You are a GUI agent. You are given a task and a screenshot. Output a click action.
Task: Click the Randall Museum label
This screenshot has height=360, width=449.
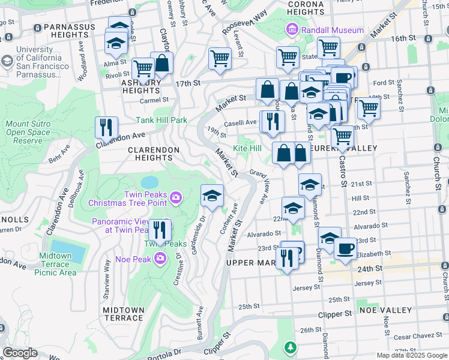tap(332, 30)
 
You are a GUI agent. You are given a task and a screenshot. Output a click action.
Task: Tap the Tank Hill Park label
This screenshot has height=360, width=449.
tap(161, 120)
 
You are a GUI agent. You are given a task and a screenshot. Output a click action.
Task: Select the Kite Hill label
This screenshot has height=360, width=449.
tap(247, 148)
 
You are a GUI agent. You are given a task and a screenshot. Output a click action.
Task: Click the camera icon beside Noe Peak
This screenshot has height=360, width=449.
tap(160, 258)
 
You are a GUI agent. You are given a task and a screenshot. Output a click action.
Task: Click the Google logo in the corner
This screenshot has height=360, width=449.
tap(20, 353)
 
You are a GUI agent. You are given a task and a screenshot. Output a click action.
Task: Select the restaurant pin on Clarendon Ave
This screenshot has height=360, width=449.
tap(106, 127)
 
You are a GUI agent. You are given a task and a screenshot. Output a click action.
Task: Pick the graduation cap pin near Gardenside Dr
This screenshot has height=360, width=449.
tap(211, 196)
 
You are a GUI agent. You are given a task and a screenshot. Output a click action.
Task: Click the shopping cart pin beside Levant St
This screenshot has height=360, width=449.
tap(220, 59)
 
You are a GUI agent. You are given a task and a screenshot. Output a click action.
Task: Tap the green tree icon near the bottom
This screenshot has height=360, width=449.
tap(290, 347)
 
